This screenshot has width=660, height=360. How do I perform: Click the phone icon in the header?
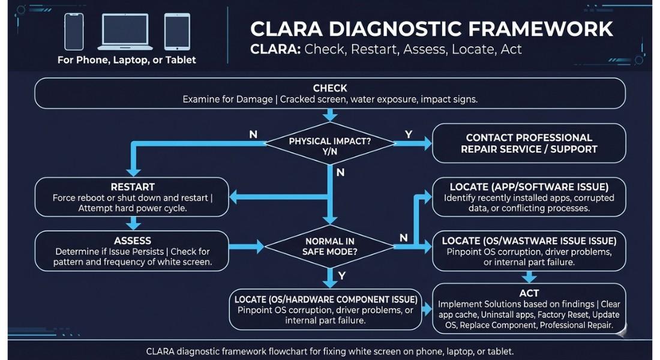(x=74, y=32)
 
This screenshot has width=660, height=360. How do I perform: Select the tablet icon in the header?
(x=177, y=32)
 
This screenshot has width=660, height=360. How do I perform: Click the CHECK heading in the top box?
(x=330, y=88)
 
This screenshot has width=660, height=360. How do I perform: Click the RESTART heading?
(x=133, y=187)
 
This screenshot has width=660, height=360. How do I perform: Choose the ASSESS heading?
(x=133, y=240)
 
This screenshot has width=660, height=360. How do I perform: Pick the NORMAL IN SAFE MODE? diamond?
(x=330, y=246)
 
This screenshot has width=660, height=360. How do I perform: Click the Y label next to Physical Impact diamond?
(x=409, y=134)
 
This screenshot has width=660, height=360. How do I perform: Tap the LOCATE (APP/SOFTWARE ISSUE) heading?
(x=529, y=187)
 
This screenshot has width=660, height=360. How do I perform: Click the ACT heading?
(x=529, y=293)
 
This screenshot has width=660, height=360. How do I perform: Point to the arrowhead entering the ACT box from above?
(x=529, y=279)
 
